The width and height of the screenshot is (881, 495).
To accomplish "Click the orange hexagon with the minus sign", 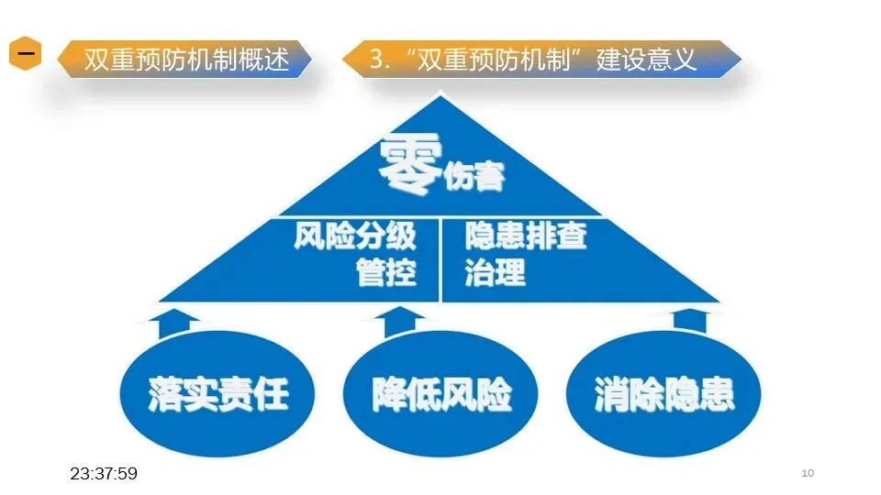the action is coord(27,55).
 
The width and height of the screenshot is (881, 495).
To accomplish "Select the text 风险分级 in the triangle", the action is coord(355,236).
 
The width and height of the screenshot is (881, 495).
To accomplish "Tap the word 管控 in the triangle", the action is coord(386,272).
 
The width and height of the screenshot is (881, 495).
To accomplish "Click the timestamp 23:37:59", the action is coord(104,473).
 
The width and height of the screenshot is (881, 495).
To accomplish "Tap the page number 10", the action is coord(808,473).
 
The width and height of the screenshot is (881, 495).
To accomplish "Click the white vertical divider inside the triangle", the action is coord(441,259).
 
